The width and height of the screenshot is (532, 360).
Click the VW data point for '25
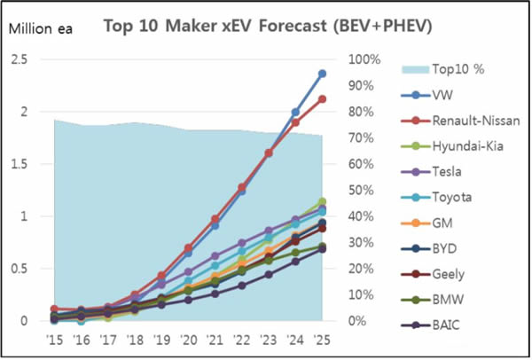322,74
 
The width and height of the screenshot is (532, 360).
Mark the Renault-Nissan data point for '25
322,99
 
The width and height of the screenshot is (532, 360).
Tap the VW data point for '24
295,113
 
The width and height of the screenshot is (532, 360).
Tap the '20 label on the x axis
188,340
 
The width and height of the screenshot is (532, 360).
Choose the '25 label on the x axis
322,340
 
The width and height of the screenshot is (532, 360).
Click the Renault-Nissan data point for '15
54,309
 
